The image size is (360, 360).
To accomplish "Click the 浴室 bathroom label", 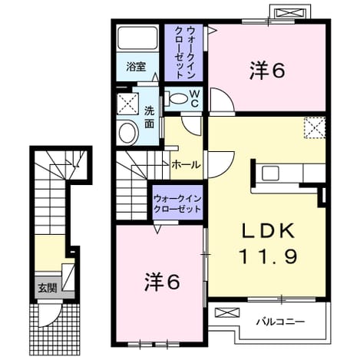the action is coord(136,68).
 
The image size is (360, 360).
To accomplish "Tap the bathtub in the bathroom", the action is coord(137,38).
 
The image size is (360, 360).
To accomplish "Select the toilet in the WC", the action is coord(176,98).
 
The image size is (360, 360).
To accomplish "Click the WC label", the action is coord(194,99).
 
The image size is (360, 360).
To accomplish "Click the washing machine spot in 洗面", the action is coord(128,104).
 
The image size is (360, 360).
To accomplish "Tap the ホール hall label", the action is coord(186,165).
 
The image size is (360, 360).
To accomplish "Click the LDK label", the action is coord(268,230).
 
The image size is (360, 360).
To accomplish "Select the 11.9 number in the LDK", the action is coord(268,256).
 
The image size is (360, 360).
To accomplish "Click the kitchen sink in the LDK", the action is coord(270,173).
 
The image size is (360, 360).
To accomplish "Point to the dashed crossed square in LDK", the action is coord(315,128).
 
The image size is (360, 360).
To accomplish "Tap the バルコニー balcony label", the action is coord(281,322).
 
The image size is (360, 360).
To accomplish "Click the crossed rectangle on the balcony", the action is coord(227,312).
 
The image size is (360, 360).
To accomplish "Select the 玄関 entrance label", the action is coord(48,289).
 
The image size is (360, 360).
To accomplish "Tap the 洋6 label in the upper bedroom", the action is coord(267,71).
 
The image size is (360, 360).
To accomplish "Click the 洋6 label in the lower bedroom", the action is coord(162,282).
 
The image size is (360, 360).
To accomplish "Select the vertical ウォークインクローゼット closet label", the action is coord(183,52).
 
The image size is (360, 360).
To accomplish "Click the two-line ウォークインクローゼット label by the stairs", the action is coord(177,203).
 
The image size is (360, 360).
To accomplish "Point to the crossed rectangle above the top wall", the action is coord(291,13).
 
